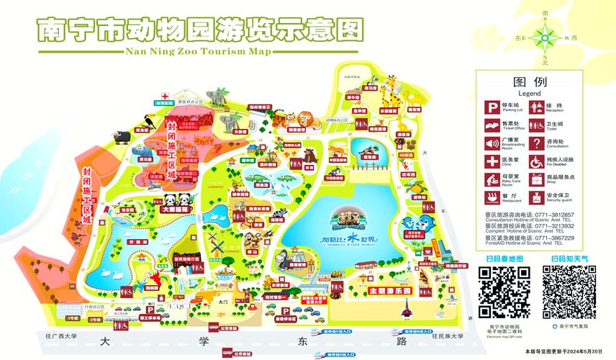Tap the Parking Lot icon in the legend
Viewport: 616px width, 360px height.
[x=492, y=109]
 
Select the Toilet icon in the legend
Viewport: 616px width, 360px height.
[x=536, y=126]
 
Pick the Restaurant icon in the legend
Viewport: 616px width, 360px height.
[x=492, y=197]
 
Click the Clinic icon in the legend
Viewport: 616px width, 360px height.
[x=492, y=161]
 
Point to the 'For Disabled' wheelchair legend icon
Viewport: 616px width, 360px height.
[x=536, y=161]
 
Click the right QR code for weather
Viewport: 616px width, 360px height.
[x=569, y=292]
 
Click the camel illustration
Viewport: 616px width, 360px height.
[x=286, y=257]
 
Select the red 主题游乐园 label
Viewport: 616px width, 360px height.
[x=389, y=290]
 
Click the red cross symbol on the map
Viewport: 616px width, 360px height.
[x=166, y=96]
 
